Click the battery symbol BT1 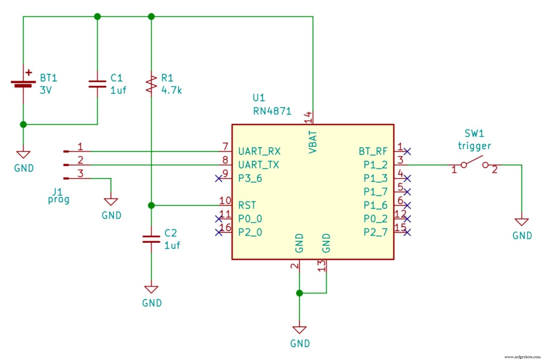coord(23,84)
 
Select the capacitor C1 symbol coord(97,84)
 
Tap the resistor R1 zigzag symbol coord(151,84)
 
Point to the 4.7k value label coord(171,90)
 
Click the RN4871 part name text coord(272,111)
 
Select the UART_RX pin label coord(259,151)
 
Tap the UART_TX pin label coord(259,165)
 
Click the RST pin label coord(247,206)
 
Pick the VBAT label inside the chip coord(313,142)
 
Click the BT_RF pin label coord(373,151)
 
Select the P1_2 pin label coord(375,165)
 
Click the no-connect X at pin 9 coord(219,179)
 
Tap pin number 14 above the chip coord(308,117)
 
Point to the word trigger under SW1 coord(474,146)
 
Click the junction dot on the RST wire coord(151,206)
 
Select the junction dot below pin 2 coord(300,293)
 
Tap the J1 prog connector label coord(58,196)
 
